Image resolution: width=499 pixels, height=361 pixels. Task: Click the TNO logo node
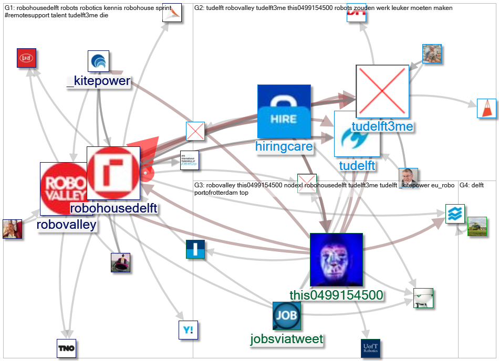67,348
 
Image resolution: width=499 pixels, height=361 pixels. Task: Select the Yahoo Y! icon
188,330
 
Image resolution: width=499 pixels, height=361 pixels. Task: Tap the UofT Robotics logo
370,348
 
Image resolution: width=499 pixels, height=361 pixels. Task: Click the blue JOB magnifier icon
287,316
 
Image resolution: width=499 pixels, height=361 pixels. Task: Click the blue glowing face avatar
336,260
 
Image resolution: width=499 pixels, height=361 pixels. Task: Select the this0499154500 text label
336,295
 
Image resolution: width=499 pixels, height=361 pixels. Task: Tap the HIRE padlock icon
284,111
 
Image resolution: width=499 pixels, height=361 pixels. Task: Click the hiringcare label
284,146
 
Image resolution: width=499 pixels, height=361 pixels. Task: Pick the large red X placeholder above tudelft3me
382,91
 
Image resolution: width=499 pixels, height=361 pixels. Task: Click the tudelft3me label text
382,126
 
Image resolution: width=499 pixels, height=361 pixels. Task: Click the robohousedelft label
113,208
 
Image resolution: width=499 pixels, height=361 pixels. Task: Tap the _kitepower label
99,81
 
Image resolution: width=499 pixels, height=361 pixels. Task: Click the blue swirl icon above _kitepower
98,61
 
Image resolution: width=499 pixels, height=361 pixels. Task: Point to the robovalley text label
67,225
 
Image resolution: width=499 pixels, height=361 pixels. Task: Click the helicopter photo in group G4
477,226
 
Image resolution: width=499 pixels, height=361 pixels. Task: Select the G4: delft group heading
472,185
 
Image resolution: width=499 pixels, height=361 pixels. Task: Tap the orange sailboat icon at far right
487,108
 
